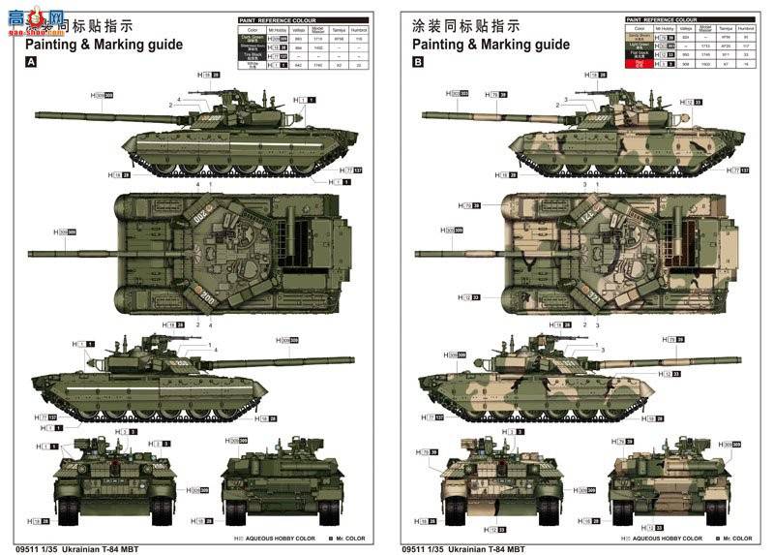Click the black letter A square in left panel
pos(31,61)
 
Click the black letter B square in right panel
pos(418,61)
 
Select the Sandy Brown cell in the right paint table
pos(639,38)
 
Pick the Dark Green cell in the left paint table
pos(251,38)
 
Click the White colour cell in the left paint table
pos(251,66)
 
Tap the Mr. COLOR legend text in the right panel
pos(736,539)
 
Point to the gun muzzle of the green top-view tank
pos(31,254)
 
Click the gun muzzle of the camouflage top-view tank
pos(418,254)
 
